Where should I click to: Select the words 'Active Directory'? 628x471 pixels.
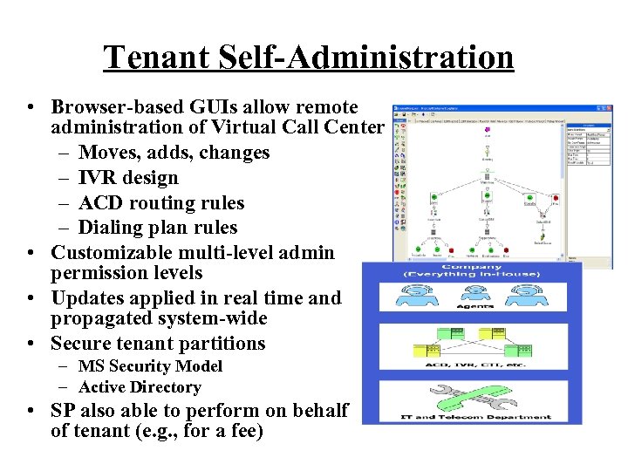click(x=140, y=387)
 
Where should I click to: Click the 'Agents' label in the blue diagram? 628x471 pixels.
click(x=475, y=306)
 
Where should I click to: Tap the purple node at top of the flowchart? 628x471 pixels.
click(x=486, y=130)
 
